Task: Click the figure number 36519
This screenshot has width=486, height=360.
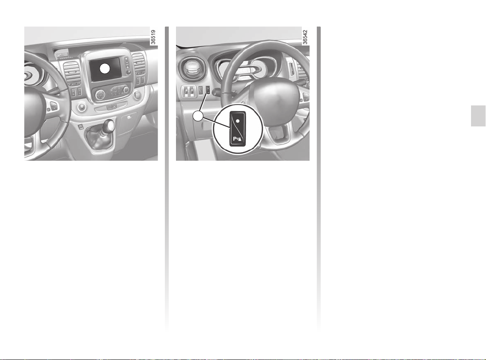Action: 153,37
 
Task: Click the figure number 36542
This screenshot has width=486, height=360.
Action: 305,37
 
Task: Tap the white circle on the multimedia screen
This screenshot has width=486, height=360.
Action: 105,69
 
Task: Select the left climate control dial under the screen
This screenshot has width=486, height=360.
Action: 100,95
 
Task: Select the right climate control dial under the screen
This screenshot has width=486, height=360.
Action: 126,90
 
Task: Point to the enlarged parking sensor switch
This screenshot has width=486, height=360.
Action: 238,129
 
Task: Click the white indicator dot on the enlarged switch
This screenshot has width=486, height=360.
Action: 237,120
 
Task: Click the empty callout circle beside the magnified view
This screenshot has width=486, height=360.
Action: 198,116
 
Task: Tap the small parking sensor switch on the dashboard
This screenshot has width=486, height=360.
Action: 208,90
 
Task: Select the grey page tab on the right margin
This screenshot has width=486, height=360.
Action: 478,116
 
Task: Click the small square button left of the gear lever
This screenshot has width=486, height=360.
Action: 80,126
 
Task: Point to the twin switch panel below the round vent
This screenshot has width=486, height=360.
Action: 189,90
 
